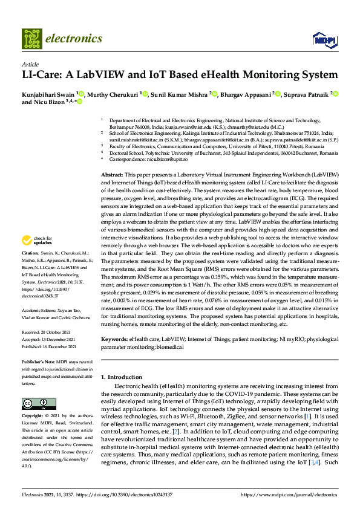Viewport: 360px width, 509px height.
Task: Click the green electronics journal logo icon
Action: pos(31,39)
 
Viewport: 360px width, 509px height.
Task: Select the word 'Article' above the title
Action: pos(30,64)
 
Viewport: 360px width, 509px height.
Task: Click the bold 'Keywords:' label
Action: pos(114,340)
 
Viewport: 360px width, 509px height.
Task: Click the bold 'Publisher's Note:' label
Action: pos(39,361)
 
